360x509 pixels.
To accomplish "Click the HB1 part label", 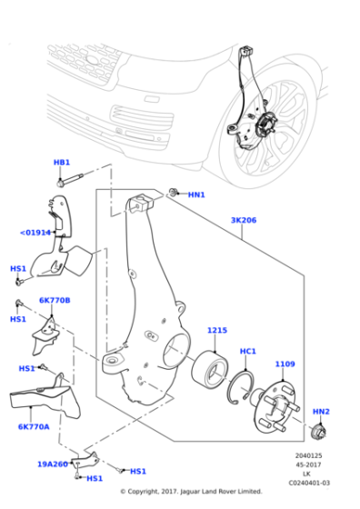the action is point(62,162).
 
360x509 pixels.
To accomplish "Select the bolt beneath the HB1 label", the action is point(70,180).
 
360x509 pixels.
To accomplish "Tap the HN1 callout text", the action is point(196,195).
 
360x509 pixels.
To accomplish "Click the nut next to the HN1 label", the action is point(173,192).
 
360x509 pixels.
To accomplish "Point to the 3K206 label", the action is point(244,220).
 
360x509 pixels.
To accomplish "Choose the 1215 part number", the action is point(217,330).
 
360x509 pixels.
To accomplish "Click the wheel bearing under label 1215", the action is point(209,369).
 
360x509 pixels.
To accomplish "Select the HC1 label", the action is point(248,351).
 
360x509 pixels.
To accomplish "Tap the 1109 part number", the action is point(285,364).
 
